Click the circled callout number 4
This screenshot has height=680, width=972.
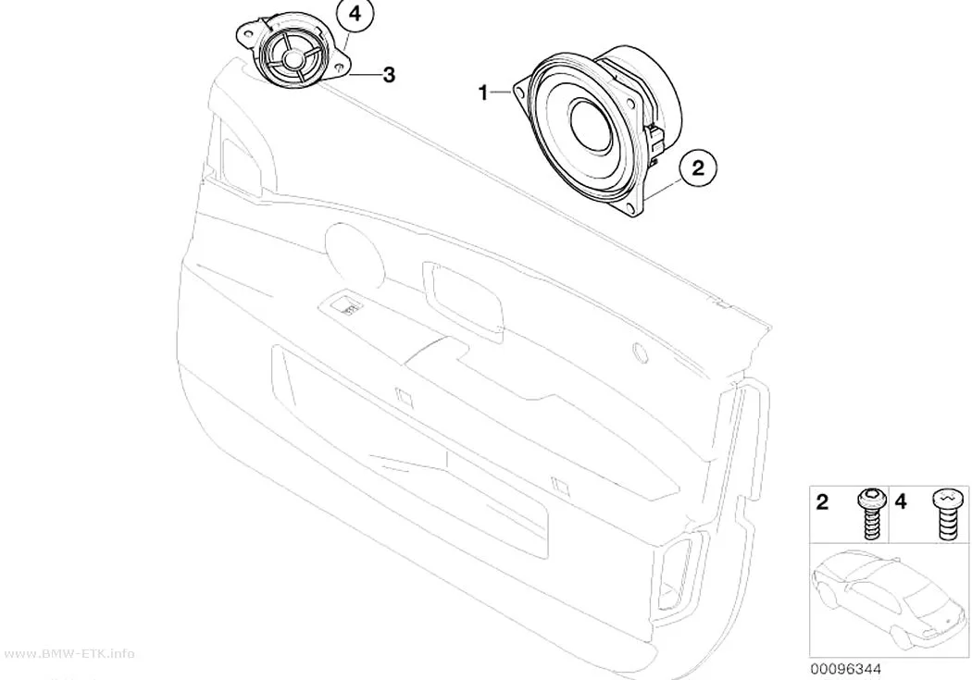click(355, 16)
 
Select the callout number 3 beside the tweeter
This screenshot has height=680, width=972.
click(389, 75)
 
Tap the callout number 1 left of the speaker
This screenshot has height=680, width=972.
click(483, 93)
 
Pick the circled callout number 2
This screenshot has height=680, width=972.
click(698, 167)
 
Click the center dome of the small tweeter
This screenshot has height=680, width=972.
click(292, 59)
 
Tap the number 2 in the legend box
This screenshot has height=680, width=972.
click(822, 502)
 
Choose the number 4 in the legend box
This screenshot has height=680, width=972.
click(901, 502)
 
